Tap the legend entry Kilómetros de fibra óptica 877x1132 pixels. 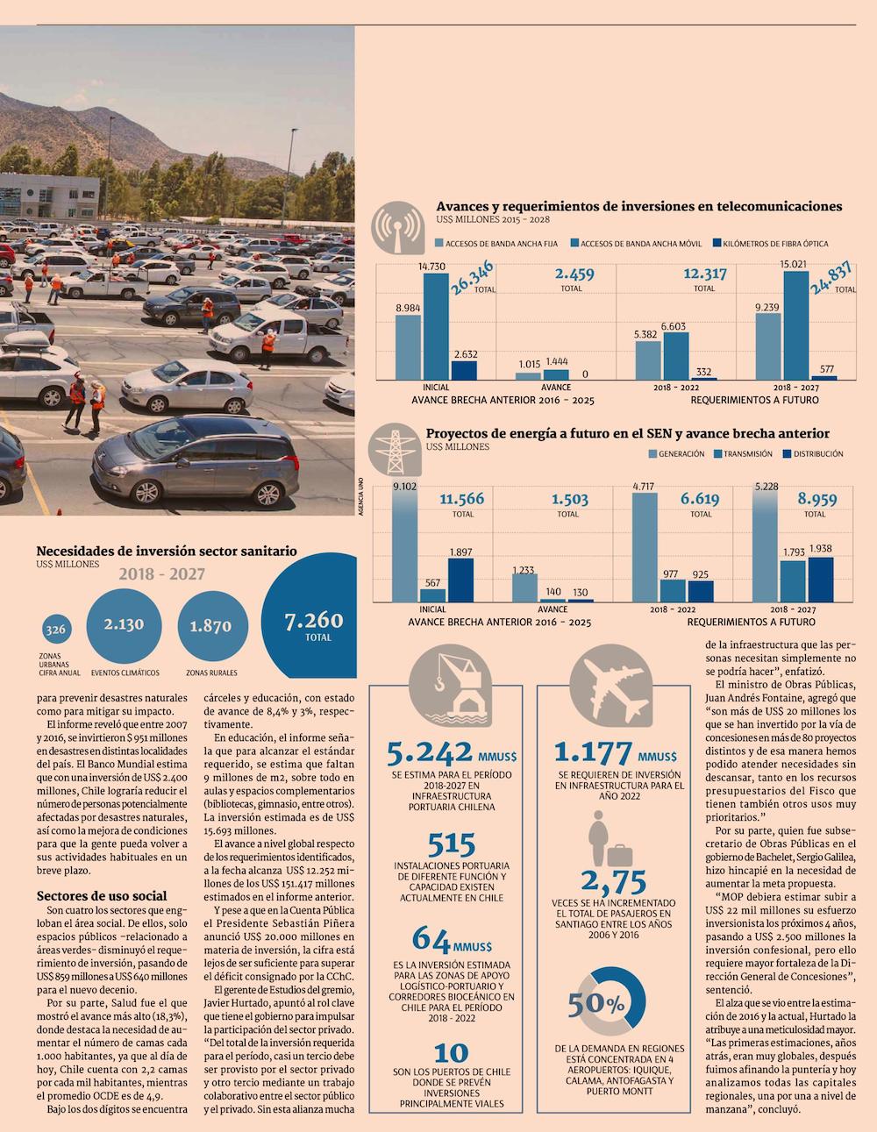770,243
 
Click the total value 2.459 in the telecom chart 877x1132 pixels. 574,274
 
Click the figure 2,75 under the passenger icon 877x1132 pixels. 614,879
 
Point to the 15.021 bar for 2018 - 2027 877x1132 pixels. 795,325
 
